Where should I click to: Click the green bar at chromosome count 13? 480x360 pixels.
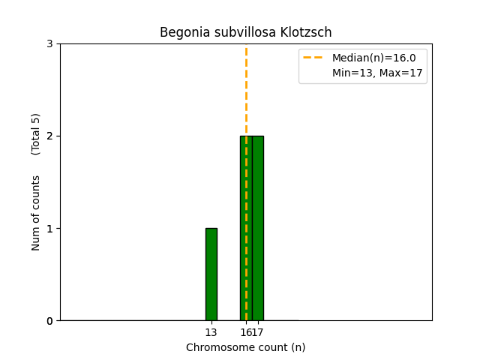point(211,274)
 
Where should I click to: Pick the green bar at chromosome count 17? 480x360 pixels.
point(258,228)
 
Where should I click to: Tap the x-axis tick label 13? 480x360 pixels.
point(211,332)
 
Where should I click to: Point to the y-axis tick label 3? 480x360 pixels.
point(49,43)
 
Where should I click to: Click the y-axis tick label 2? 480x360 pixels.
point(49,136)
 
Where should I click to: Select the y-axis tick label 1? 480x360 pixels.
point(49,228)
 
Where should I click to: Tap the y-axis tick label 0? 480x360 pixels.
point(49,321)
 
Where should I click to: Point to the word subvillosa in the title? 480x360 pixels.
point(237,33)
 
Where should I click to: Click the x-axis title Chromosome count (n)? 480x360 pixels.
point(245,347)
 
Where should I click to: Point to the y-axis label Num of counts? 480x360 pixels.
point(36,213)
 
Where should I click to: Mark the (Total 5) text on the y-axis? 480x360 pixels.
point(36,134)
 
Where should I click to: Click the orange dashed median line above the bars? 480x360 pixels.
point(246,90)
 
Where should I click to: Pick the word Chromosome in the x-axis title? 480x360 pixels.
point(215,347)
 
